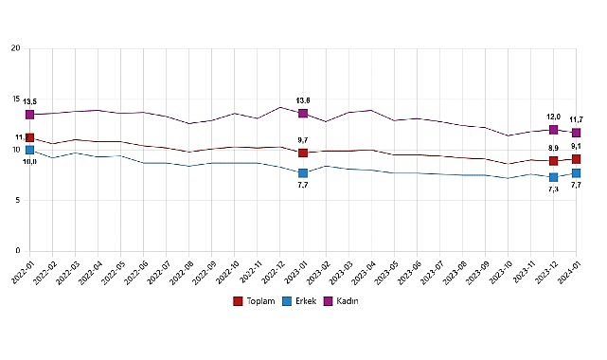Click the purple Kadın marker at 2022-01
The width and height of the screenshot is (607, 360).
pos(29,115)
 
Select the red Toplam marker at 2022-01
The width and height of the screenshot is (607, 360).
pos(29,138)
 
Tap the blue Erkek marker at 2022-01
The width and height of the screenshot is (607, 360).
pos(29,150)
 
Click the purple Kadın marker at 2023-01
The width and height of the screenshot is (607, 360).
pos(303,114)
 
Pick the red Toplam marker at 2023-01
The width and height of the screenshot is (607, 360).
pos(303,153)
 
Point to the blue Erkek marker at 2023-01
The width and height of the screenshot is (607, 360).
pos(303,173)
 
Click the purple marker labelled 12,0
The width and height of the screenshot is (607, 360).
pos(553,130)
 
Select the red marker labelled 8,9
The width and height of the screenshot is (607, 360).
pos(553,161)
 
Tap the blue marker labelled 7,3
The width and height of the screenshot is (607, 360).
pos(553,177)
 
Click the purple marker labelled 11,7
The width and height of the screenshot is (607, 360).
pos(576,133)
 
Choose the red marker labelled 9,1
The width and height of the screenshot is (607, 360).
pos(576,159)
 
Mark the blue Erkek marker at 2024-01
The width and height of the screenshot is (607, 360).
pos(576,173)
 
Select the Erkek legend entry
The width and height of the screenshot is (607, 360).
pos(300,301)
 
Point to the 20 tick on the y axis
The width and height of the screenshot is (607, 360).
pos(15,48)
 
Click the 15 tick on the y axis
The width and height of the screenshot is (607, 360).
pos(15,99)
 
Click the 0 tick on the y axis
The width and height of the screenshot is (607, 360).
pos(18,251)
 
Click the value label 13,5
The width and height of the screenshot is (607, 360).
pos(29,100)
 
